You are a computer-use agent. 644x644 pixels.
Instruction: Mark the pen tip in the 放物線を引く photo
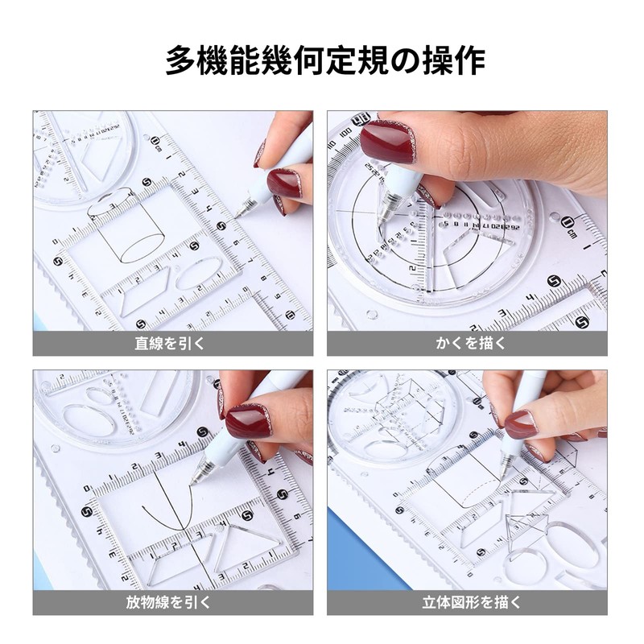coord(192,482)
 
